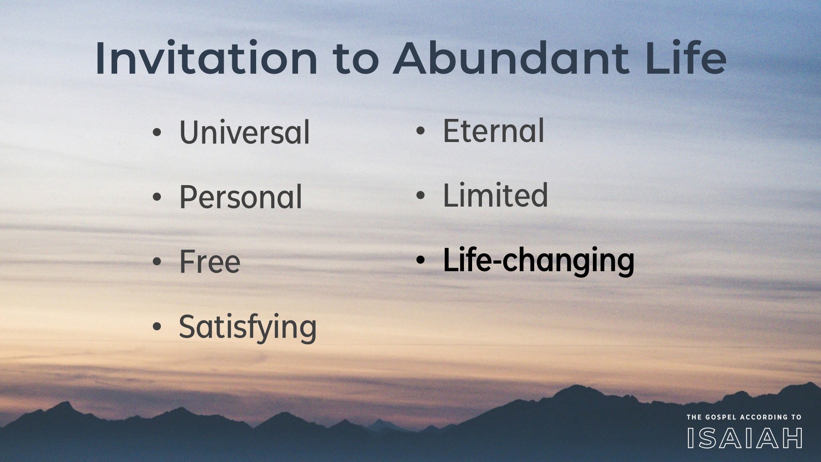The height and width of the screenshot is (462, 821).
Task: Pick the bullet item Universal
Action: tap(244, 132)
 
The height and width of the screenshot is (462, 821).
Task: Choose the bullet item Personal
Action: tap(241, 197)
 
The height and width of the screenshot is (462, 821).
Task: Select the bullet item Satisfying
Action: tap(248, 328)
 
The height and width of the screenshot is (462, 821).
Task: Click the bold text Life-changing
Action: tap(538, 261)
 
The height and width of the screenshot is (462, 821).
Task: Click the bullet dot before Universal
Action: tap(157, 133)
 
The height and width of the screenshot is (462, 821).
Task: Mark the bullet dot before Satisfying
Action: tap(157, 327)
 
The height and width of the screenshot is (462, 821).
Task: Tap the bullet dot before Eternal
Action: tap(421, 131)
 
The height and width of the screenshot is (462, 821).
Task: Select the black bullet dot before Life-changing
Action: tap(421, 260)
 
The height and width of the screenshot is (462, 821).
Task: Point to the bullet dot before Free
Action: tap(157, 262)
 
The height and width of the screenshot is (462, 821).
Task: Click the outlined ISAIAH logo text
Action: tap(745, 438)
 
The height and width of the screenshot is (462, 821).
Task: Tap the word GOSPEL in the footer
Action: tap(718, 417)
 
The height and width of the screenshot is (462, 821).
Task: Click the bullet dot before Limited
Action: tap(421, 195)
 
